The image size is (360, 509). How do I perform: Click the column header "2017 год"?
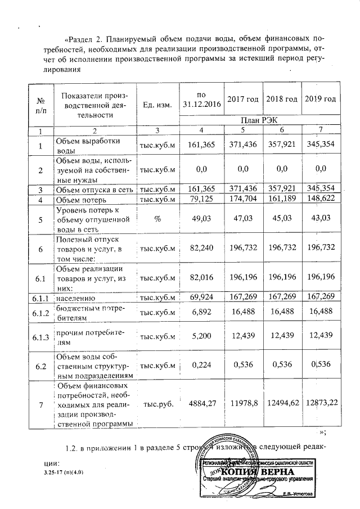tap(242, 99)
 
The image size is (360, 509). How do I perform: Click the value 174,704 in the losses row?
tap(242, 200)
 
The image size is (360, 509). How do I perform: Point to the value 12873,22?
tap(319, 403)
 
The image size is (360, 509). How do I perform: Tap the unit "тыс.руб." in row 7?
tap(157, 403)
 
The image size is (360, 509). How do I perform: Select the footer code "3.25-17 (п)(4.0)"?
tap(63, 472)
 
